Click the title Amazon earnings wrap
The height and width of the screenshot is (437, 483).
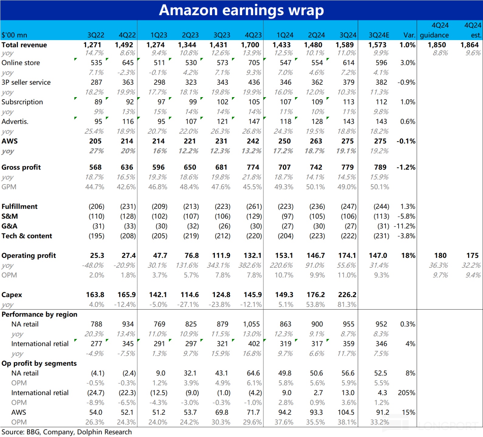click(x=241, y=10)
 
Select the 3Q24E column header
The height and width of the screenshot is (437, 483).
click(x=379, y=35)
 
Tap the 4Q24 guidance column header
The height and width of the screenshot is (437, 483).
click(x=434, y=30)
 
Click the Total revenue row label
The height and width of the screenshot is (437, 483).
click(x=24, y=45)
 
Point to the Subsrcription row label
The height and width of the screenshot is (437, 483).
click(x=22, y=102)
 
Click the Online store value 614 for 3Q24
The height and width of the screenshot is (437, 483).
click(x=348, y=63)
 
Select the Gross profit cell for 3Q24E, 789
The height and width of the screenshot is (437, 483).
click(x=380, y=167)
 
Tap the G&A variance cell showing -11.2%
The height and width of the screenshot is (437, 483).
click(x=404, y=226)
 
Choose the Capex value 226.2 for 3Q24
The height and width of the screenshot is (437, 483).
click(x=347, y=295)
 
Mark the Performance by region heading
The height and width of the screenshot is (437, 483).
click(x=39, y=314)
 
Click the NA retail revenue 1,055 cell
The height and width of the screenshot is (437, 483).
click(x=252, y=324)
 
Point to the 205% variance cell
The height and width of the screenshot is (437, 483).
click(x=406, y=393)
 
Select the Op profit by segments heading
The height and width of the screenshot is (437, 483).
click(x=39, y=363)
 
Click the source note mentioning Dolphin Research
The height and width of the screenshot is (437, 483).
click(x=67, y=432)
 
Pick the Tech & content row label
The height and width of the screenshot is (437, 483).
click(x=27, y=236)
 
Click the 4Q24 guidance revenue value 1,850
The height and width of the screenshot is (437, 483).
click(x=437, y=45)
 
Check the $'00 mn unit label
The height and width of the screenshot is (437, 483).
click(x=14, y=35)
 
